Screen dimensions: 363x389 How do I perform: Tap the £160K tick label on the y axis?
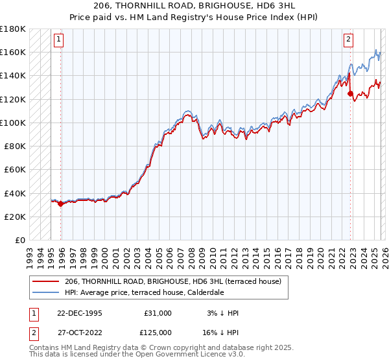13,52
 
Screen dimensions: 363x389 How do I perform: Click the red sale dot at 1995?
60,204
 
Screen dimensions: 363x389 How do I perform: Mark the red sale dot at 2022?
351,93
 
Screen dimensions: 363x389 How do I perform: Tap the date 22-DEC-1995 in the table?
75,313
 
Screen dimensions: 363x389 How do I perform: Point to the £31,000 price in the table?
158,313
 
